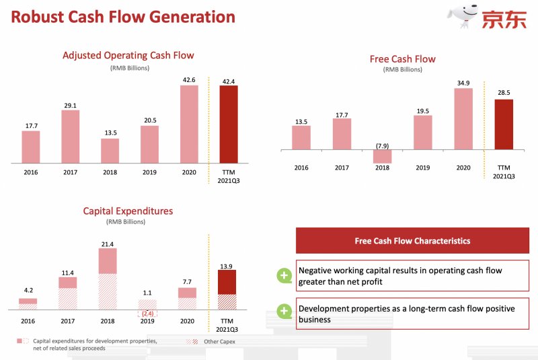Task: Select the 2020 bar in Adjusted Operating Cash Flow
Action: [x=189, y=124]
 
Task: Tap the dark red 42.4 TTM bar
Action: [x=228, y=124]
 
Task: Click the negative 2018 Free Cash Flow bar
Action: [x=383, y=156]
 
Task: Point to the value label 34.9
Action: [x=463, y=82]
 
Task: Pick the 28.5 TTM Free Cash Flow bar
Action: [x=504, y=124]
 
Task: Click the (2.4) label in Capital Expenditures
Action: [x=147, y=313]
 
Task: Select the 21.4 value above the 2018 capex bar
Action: [x=108, y=242]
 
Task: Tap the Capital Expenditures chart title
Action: [x=128, y=211]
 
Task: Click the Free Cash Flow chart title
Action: [x=402, y=59]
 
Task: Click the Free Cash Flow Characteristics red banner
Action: [x=412, y=240]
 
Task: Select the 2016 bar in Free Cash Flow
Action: [x=301, y=137]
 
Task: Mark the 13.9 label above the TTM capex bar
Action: [x=227, y=267]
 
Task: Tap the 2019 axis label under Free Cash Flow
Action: [x=422, y=168]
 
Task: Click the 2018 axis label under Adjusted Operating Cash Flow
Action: [x=110, y=172]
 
